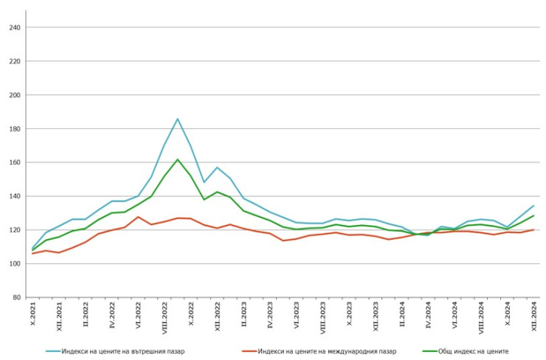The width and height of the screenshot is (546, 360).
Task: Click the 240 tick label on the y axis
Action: (15, 27)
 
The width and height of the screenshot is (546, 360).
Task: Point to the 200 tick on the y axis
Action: (15, 95)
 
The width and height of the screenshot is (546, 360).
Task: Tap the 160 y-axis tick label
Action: (15, 162)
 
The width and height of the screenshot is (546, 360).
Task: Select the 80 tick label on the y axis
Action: (17, 297)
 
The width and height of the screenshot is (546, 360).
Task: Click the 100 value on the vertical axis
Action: (15, 264)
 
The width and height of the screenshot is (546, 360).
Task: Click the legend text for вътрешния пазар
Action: (123, 351)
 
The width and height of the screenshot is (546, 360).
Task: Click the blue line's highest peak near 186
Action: (178, 119)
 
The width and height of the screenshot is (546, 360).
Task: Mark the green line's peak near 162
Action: (178, 159)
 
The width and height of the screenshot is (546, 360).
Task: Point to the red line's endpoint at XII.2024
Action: (533, 229)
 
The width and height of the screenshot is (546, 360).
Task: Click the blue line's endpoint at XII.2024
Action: (533, 206)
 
